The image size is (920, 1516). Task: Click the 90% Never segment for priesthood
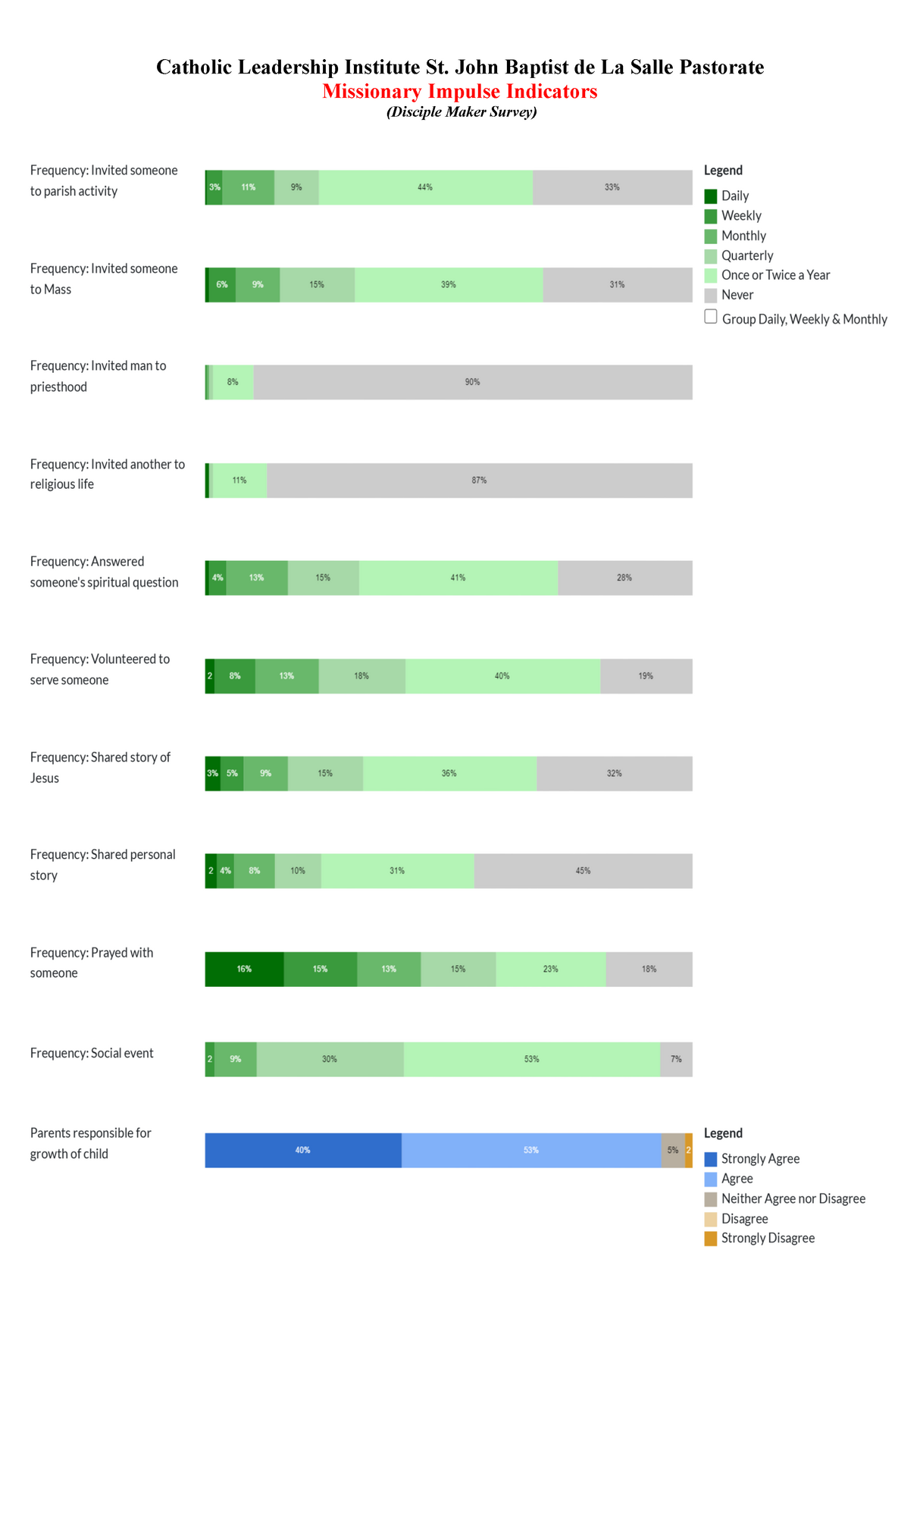(x=472, y=382)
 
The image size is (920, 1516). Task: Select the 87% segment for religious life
(x=479, y=481)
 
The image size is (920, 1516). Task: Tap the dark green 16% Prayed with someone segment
(x=244, y=969)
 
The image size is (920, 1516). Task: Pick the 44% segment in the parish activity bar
(x=425, y=187)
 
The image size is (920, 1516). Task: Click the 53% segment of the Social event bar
(x=531, y=1059)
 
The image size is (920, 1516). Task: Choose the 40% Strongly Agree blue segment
(x=302, y=1150)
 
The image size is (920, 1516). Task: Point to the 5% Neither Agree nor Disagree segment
(x=673, y=1150)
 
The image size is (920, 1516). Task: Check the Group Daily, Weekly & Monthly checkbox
(x=710, y=317)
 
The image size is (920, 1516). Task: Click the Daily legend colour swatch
(x=710, y=196)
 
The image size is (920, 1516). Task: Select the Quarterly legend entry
(x=746, y=255)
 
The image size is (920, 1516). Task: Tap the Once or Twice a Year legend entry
(x=775, y=275)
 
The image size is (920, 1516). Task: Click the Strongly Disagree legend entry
(x=768, y=1238)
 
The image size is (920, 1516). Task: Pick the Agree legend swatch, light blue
(x=710, y=1179)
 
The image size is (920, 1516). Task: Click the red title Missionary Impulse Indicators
(x=460, y=92)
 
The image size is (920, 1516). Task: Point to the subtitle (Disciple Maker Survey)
(x=462, y=112)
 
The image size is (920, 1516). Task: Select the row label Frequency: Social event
(x=92, y=1053)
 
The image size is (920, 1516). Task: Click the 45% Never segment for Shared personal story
(x=583, y=871)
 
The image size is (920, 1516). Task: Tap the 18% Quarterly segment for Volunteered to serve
(x=361, y=676)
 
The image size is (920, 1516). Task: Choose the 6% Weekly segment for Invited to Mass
(x=221, y=285)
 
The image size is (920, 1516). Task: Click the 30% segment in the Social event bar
(x=330, y=1059)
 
